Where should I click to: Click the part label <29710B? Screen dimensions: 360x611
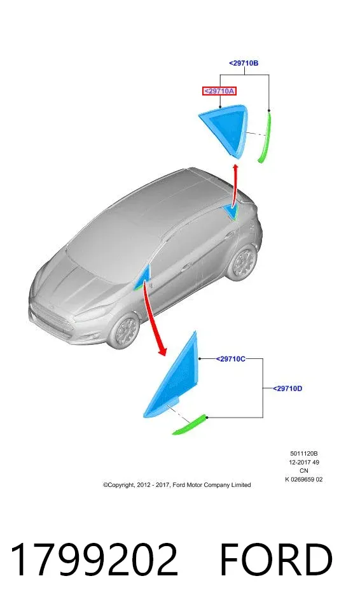tap(244, 63)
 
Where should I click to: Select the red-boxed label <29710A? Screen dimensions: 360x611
tap(219, 91)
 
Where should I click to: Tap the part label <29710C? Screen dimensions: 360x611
tap(231, 359)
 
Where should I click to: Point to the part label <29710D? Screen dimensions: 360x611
tap(287, 388)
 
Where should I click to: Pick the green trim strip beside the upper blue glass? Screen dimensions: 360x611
tap(265, 136)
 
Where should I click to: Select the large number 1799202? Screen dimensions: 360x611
tap(94, 559)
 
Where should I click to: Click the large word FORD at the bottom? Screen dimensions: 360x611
tap(276, 559)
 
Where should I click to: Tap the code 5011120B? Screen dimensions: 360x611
tap(304, 454)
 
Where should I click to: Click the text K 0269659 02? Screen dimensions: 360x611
tap(304, 480)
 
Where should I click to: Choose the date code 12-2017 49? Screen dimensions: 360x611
tap(304, 463)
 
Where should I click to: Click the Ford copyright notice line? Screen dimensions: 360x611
tap(177, 485)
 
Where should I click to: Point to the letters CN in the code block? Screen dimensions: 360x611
tap(304, 471)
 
